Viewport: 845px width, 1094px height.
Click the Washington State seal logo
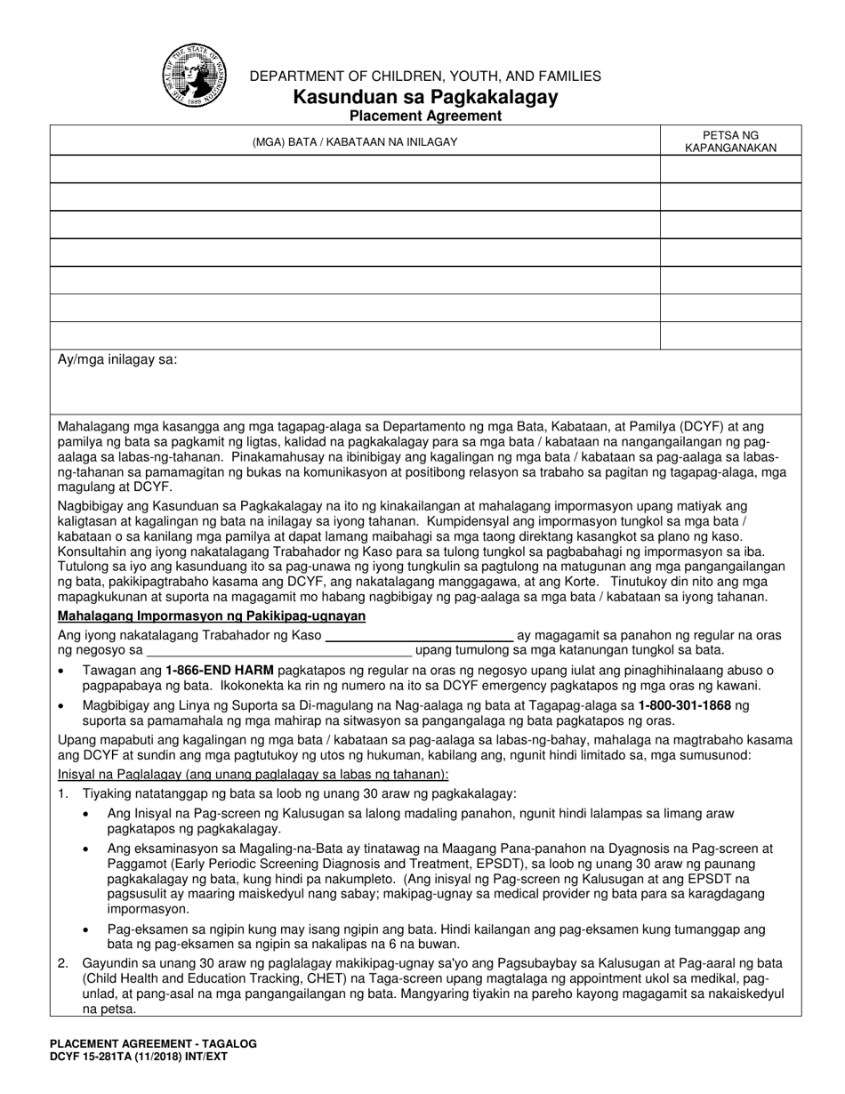click(193, 76)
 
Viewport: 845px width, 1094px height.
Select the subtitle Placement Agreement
click(425, 116)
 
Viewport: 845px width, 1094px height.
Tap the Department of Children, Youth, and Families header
click(425, 76)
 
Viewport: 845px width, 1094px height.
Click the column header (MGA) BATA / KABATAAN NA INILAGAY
click(354, 141)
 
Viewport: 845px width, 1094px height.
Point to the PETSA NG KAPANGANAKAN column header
click(730, 141)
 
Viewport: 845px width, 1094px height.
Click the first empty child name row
click(354, 169)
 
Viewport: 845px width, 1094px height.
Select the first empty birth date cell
click(730, 169)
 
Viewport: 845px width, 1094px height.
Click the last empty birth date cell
click(730, 334)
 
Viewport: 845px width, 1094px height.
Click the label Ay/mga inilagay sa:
click(117, 360)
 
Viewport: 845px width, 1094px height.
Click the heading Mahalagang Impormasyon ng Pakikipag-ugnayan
click(212, 616)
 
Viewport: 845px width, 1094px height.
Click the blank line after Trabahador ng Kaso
click(419, 635)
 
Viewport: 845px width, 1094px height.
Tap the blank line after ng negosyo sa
click(279, 650)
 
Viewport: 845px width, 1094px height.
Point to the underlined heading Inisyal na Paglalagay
click(253, 774)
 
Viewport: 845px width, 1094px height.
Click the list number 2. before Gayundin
click(63, 963)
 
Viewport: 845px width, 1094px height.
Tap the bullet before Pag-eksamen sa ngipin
click(85, 929)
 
